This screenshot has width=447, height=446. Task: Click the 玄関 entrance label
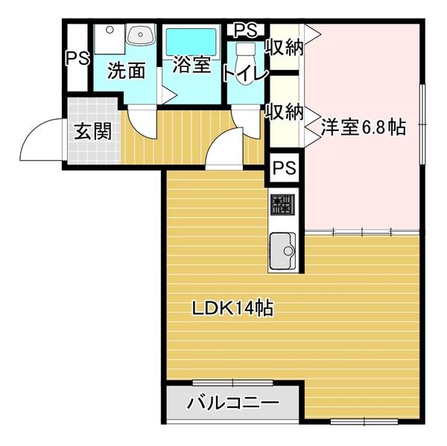click(93, 132)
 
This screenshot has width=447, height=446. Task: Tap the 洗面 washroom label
click(126, 71)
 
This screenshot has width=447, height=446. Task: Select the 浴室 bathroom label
click(191, 66)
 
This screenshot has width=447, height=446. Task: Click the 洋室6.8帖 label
click(363, 127)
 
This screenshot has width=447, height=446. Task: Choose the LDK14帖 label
click(233, 307)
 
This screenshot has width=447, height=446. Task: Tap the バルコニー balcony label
click(232, 404)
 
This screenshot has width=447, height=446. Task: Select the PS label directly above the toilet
click(245, 31)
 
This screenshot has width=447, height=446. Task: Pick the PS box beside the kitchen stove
click(283, 168)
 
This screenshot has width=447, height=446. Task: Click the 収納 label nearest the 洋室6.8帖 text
click(284, 112)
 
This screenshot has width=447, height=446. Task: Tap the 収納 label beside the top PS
click(284, 48)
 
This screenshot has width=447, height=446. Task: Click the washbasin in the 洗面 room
click(139, 35)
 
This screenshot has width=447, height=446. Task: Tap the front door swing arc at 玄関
click(41, 141)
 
